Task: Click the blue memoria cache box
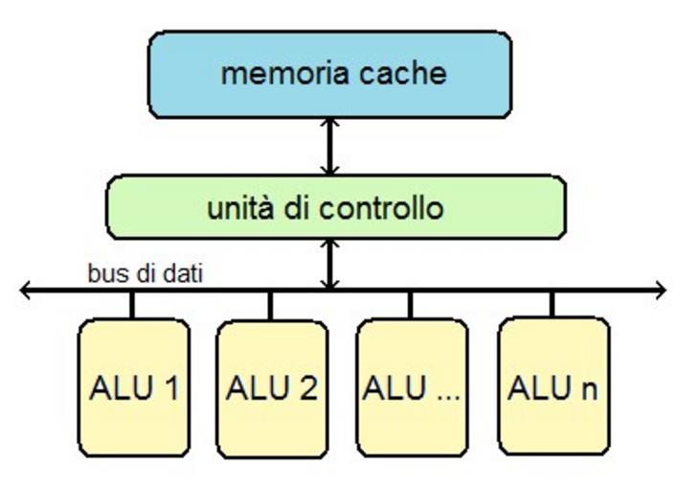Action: (329, 74)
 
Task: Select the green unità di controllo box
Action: (335, 207)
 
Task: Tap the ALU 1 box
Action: (133, 387)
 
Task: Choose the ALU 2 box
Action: (272, 387)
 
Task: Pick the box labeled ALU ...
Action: (412, 387)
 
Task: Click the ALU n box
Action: (553, 387)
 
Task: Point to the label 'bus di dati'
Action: (145, 273)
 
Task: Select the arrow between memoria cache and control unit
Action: (329, 147)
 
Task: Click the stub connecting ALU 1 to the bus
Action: (132, 304)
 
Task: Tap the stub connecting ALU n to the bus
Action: (552, 304)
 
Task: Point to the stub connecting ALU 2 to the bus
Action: (270, 304)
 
